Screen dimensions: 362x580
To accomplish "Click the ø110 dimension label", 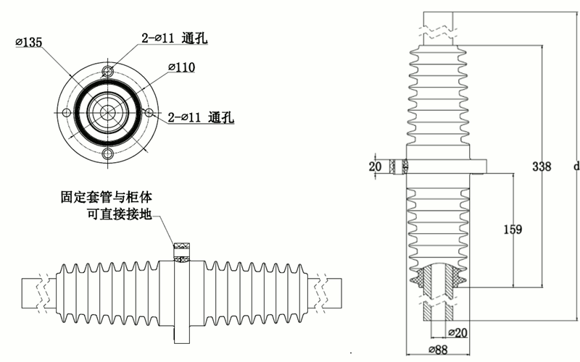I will click(x=182, y=67).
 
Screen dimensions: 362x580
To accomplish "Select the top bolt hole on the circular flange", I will click(x=108, y=71).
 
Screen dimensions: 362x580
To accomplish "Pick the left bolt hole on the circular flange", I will click(x=67, y=112).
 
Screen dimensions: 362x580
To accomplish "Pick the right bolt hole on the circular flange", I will click(x=149, y=112).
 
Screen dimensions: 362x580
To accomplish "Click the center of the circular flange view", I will click(x=108, y=112).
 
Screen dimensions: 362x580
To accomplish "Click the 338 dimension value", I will click(x=541, y=167).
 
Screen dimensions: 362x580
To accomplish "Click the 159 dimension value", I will click(x=512, y=230).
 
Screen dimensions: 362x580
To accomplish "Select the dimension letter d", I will click(x=575, y=167).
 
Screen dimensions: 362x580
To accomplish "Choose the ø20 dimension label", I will click(x=457, y=332).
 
